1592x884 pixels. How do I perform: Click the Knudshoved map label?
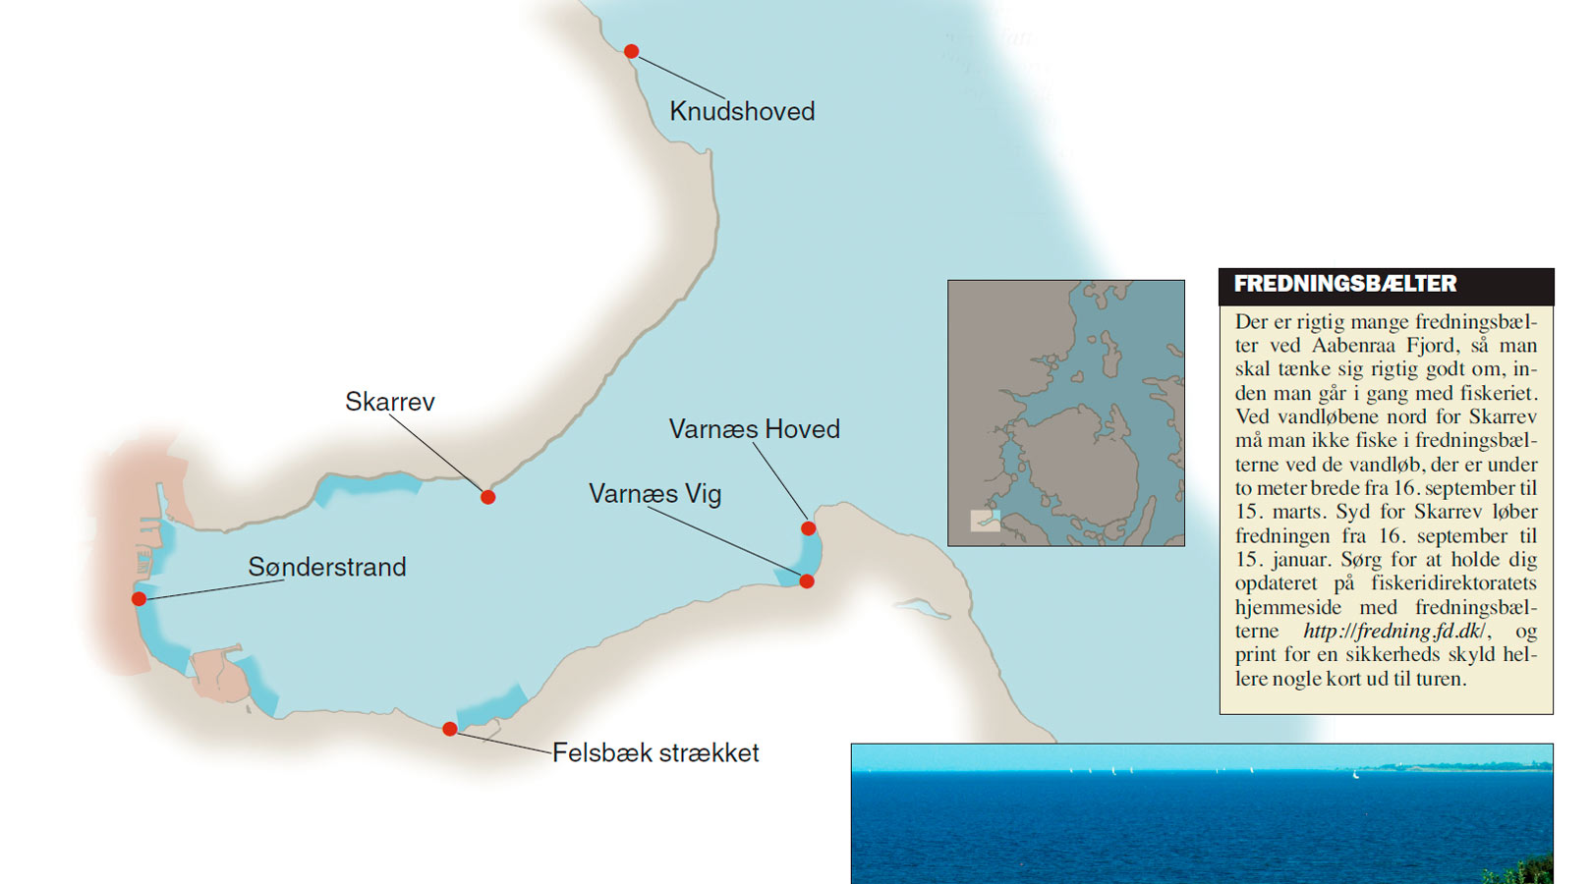[x=742, y=111]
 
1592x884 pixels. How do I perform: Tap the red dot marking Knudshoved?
[x=631, y=51]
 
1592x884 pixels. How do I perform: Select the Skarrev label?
[x=389, y=402]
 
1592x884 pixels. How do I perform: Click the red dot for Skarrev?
[x=487, y=497]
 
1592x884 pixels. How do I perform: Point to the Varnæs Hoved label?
[x=754, y=429]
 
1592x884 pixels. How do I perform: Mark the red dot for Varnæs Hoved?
[x=808, y=528]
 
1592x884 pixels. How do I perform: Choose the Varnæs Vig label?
[x=654, y=493]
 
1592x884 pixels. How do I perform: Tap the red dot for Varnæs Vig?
[x=807, y=581]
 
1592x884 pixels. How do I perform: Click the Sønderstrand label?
[x=326, y=567]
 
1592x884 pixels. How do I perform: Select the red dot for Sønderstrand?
[x=139, y=599]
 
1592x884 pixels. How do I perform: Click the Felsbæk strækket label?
[x=655, y=752]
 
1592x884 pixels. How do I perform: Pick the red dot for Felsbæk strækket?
[x=449, y=729]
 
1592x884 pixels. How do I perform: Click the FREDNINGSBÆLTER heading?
[x=1344, y=284]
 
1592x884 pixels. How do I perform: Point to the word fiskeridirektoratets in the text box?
[x=1453, y=583]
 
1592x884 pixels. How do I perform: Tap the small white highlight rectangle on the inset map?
[x=985, y=521]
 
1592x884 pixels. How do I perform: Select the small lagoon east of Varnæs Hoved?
[x=920, y=608]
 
